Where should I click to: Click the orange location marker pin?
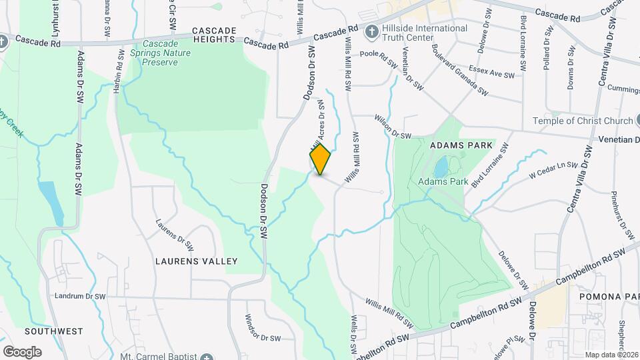(320, 159)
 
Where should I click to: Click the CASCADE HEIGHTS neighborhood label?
(214, 35)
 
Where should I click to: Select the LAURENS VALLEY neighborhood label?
(197, 261)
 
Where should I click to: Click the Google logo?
(22, 351)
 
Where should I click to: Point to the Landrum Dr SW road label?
(81, 296)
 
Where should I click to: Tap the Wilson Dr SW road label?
(393, 127)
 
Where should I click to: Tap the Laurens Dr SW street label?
(175, 235)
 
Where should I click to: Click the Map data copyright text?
(611, 355)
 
